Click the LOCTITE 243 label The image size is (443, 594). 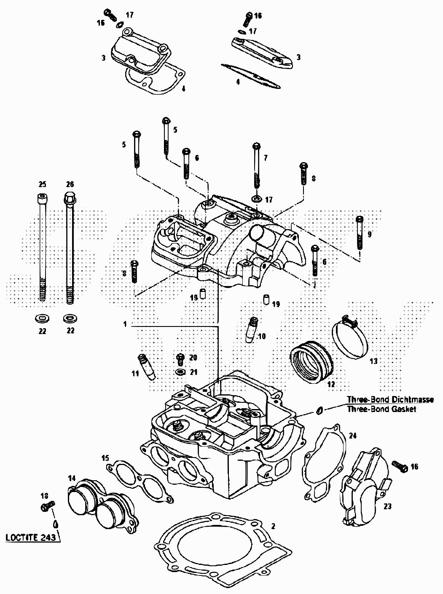pos(30,538)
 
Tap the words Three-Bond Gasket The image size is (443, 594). pos(381,409)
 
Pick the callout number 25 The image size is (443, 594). pos(42,184)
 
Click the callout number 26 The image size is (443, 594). pos(70,184)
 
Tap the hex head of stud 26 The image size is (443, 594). pos(70,198)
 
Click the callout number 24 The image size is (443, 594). pos(353,436)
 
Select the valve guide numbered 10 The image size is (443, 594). pos(252,329)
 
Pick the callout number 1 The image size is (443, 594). pos(125,324)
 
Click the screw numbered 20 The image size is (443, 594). pos(180,359)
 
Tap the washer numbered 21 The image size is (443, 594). pos(180,372)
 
